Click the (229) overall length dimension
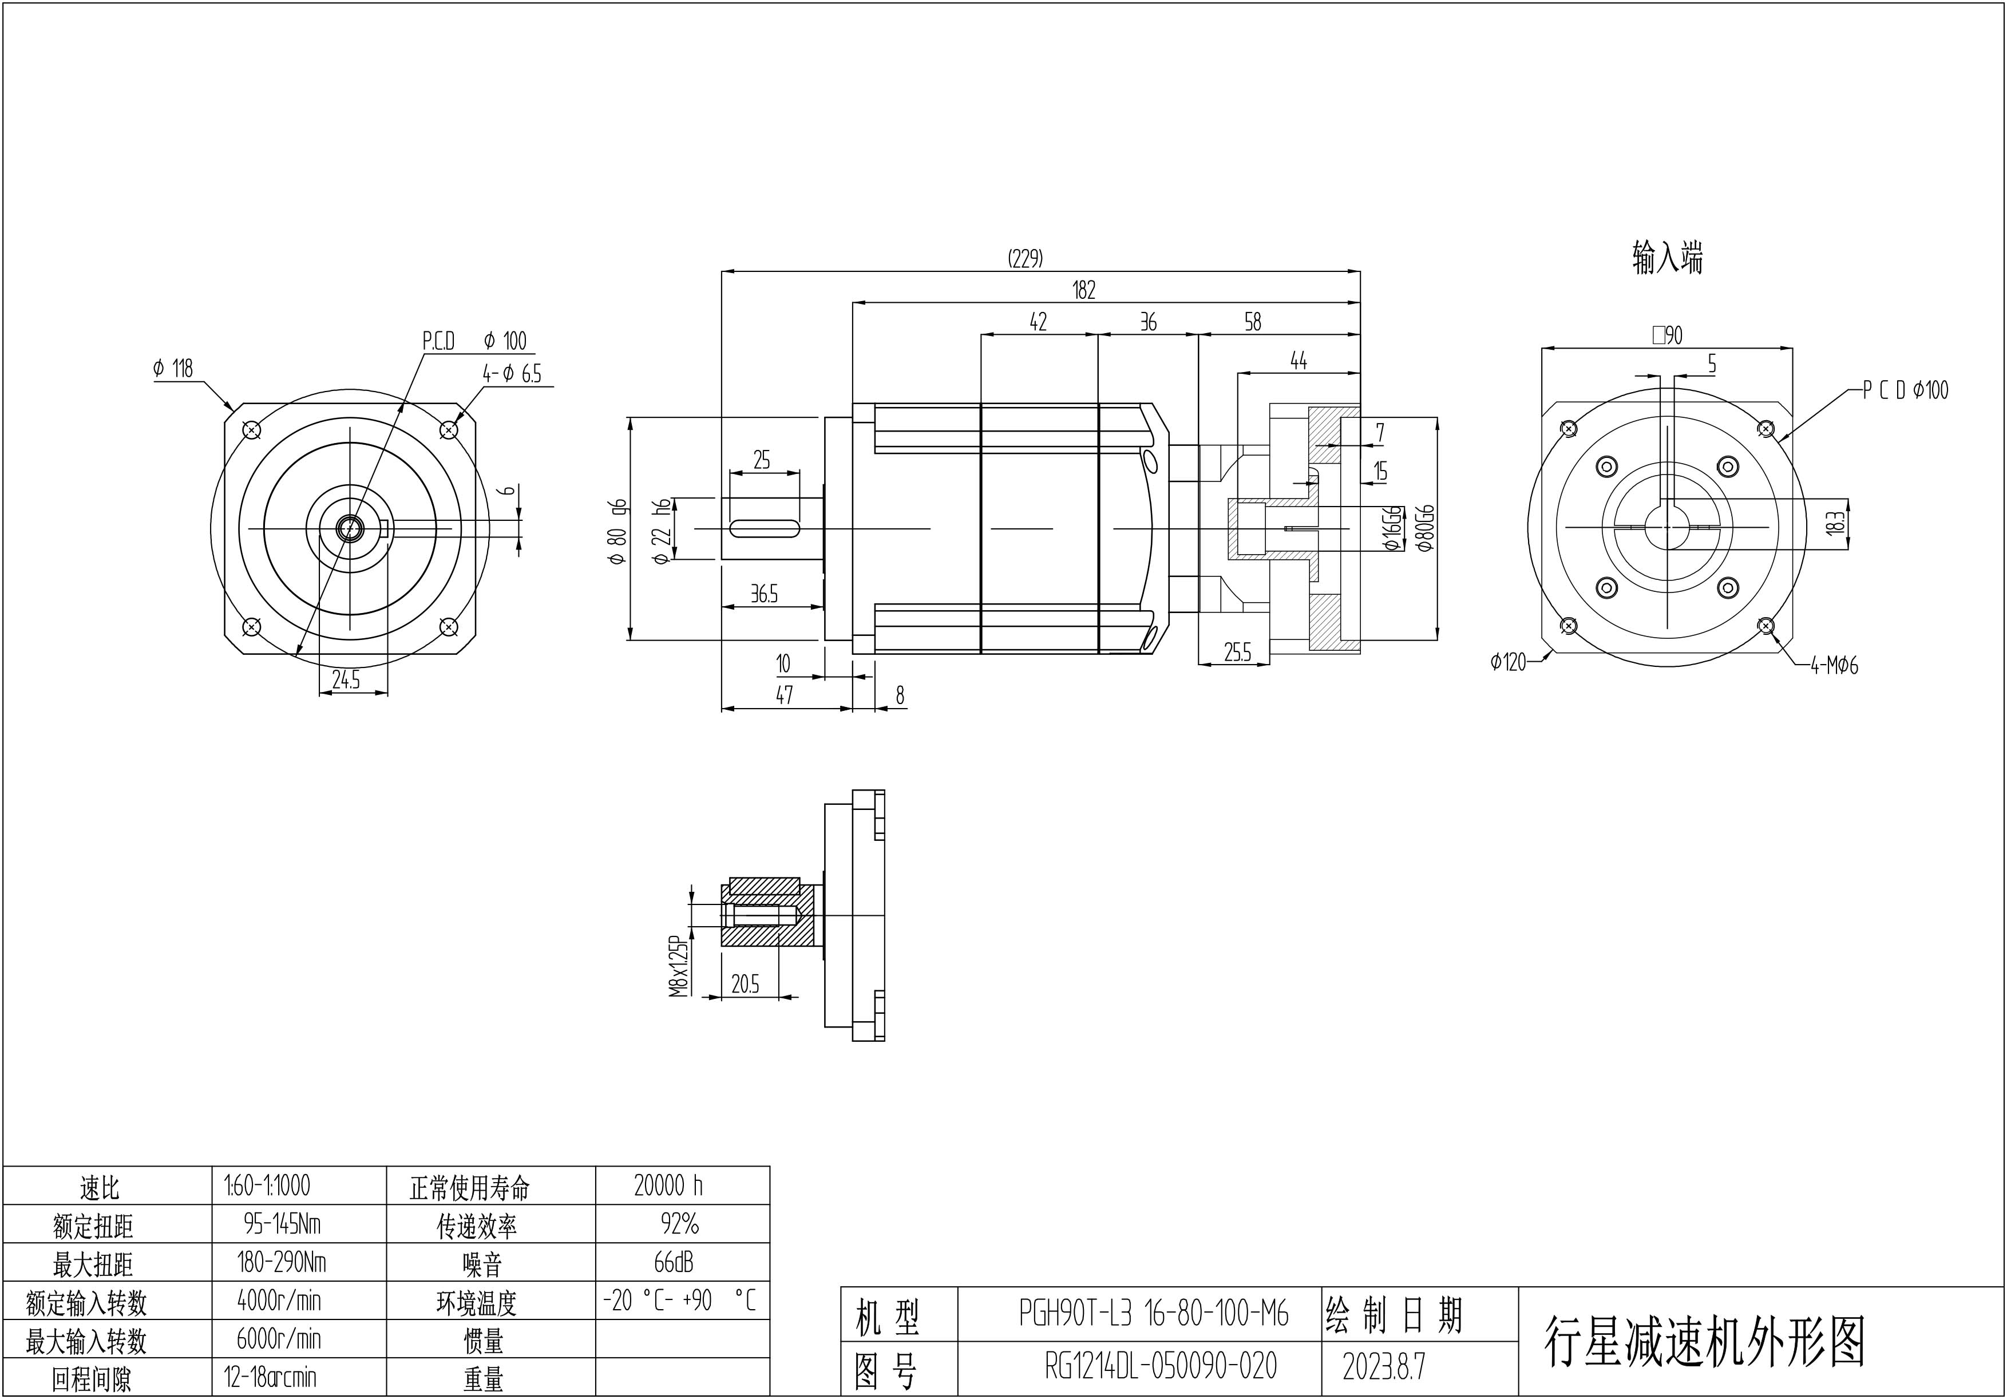tap(1026, 258)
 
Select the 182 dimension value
tap(1084, 290)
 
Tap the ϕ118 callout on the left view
tap(173, 368)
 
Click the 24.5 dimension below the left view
tap(346, 679)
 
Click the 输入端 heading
tap(1667, 258)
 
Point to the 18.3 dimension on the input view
tap(1836, 523)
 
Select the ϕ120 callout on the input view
tap(1508, 662)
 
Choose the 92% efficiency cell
tap(680, 1224)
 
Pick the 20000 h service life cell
tap(668, 1185)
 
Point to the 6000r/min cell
tap(279, 1339)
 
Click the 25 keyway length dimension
tap(761, 460)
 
